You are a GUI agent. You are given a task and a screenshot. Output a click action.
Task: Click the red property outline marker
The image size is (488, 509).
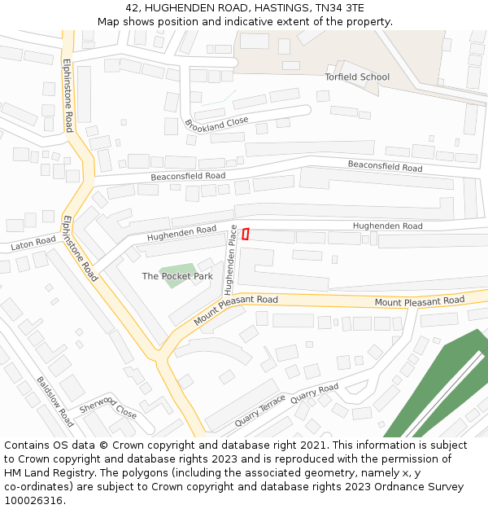(x=245, y=234)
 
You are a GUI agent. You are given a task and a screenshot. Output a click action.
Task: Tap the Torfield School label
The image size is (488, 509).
(x=357, y=77)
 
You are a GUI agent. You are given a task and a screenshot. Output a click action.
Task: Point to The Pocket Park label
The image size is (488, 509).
(x=177, y=276)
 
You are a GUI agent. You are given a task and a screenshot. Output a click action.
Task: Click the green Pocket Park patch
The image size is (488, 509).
(x=177, y=270)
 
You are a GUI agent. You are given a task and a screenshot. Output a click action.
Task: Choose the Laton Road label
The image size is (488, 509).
(x=33, y=243)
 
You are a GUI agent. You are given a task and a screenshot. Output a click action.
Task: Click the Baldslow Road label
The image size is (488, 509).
(x=54, y=401)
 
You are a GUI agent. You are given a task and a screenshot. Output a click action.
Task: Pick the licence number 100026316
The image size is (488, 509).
(x=33, y=501)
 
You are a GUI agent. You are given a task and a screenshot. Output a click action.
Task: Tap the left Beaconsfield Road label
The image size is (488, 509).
(x=188, y=176)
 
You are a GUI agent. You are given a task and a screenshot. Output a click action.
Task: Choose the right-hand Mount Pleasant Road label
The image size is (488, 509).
(x=419, y=301)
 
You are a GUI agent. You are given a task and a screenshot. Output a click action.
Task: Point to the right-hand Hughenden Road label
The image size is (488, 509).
(x=387, y=226)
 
